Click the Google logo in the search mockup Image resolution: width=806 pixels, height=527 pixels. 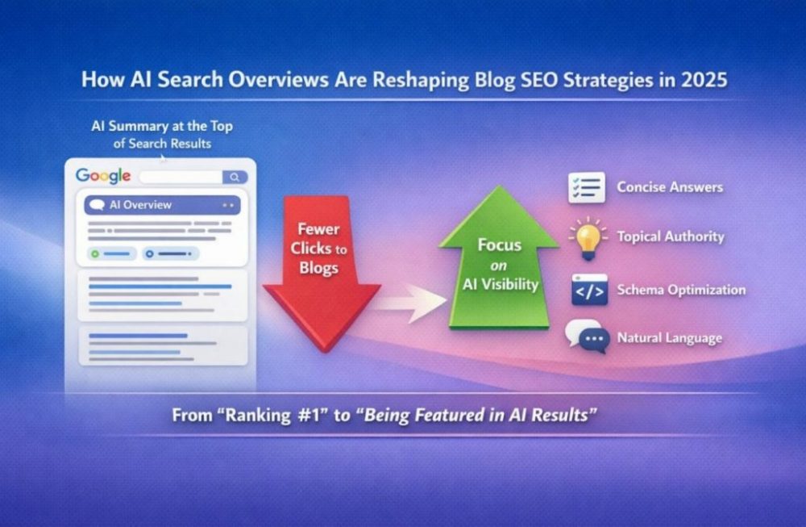pyautogui.click(x=103, y=176)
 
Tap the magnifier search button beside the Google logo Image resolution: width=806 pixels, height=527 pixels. pyautogui.click(x=235, y=177)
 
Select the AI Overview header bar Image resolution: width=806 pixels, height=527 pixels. pyautogui.click(x=162, y=205)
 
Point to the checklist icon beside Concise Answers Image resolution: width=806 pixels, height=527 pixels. pyautogui.click(x=587, y=187)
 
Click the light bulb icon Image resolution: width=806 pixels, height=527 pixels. pyautogui.click(x=588, y=236)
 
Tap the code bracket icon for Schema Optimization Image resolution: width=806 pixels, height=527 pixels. pyautogui.click(x=589, y=290)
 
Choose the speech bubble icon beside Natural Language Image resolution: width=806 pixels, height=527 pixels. pyautogui.click(x=586, y=337)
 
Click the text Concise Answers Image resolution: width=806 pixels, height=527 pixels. pyautogui.click(x=670, y=187)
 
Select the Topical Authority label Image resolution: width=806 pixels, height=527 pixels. pyautogui.click(x=671, y=236)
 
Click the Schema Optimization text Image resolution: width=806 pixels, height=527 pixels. pyautogui.click(x=681, y=290)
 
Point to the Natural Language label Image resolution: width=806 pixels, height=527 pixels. pyautogui.click(x=670, y=337)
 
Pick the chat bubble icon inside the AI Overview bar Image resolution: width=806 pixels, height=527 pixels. pyautogui.click(x=98, y=205)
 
